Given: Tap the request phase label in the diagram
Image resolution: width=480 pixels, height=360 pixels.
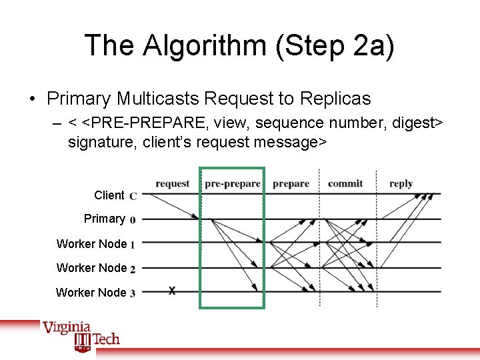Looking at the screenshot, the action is [x=172, y=183].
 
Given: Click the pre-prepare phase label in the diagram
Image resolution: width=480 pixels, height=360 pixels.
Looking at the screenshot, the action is [x=232, y=183].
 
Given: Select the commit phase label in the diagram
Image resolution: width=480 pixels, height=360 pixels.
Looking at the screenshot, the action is [x=345, y=183].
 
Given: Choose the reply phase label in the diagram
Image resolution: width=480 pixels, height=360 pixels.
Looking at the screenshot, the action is [x=401, y=183].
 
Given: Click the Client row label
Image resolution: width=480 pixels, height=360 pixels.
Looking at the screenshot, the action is [x=109, y=195].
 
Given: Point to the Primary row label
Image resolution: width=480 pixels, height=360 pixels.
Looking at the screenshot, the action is [x=104, y=219].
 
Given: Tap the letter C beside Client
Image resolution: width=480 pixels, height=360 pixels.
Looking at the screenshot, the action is [x=133, y=196].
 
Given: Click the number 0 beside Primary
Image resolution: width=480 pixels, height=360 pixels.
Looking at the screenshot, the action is [x=133, y=219].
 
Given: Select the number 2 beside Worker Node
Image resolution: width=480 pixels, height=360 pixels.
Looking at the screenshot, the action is [x=133, y=269].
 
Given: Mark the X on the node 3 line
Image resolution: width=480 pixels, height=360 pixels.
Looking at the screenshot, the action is [x=172, y=291].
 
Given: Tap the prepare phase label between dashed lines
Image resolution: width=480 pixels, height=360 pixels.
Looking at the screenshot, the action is [x=291, y=183].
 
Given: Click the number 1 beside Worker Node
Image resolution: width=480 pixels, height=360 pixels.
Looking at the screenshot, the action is [x=133, y=245].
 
